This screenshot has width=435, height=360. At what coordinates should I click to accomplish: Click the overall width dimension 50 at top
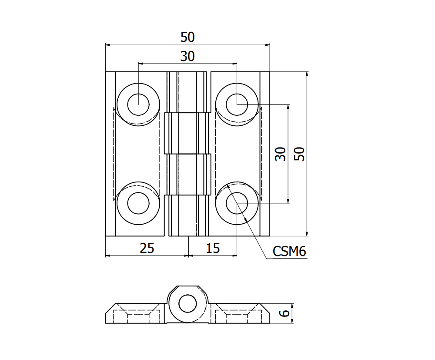coord(187,37)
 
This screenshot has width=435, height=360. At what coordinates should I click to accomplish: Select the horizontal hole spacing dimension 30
coord(187,57)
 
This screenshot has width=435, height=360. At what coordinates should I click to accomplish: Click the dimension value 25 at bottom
coord(147,248)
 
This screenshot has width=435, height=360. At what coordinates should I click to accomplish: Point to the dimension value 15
coord(213,248)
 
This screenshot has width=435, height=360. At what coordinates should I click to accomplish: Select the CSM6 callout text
coord(289,252)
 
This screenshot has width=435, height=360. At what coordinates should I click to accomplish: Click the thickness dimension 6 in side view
coord(284,313)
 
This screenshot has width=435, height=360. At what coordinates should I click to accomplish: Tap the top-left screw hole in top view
coord(138,104)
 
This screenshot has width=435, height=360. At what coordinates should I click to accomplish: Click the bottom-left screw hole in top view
coord(138,203)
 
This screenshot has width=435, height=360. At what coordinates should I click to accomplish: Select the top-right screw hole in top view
coord(237,104)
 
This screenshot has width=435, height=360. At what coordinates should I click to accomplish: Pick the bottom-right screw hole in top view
coord(237,203)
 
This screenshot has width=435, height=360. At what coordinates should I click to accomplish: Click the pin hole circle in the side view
coord(188,303)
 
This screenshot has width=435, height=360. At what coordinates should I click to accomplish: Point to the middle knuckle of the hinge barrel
coord(188,133)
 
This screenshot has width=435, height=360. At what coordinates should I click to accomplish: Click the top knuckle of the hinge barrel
coord(188,91)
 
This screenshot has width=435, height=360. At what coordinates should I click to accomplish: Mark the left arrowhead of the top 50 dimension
coord(108,45)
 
